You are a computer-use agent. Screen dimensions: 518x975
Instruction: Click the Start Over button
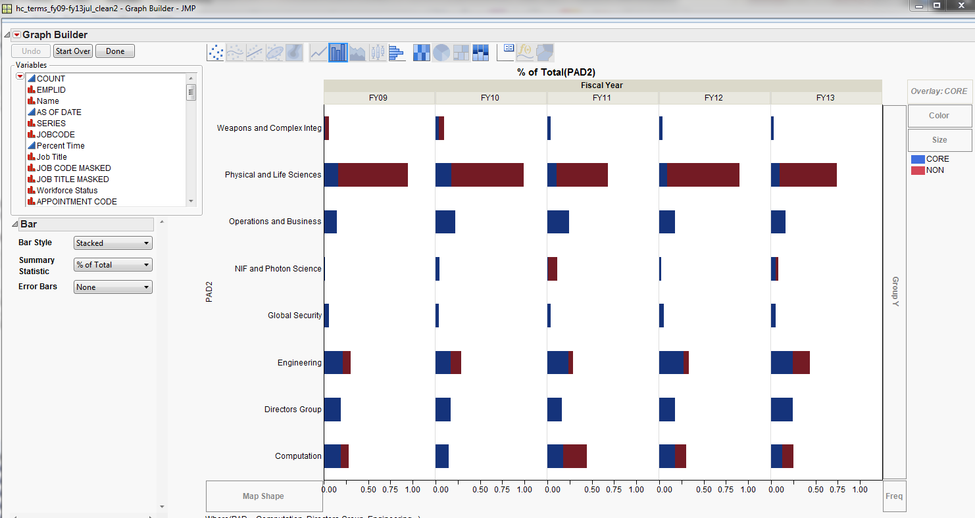(73, 51)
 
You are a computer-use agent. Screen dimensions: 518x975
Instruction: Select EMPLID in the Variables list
(51, 89)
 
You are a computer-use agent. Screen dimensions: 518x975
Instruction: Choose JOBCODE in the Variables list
(55, 134)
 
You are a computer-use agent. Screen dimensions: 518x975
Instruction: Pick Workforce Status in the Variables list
(66, 190)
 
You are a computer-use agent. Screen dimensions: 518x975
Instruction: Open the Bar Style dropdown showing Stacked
(113, 243)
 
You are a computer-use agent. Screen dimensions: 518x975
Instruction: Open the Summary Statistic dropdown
(113, 265)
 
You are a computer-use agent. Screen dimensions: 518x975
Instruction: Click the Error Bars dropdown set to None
(113, 287)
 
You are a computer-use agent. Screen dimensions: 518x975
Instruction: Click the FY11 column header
(602, 98)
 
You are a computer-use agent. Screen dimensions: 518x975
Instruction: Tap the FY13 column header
(825, 98)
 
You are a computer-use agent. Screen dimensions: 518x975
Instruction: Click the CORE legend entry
(937, 159)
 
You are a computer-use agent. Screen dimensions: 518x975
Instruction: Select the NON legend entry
(934, 170)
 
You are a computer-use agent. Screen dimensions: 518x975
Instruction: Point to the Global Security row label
(294, 316)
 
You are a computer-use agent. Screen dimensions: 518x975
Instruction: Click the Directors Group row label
(293, 410)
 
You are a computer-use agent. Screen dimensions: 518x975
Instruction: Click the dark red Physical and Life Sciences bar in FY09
(372, 175)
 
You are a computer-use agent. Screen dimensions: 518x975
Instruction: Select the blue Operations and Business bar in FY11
(558, 222)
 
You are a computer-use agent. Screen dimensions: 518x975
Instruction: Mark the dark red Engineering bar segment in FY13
(801, 362)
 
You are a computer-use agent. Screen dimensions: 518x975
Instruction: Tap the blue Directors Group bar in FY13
(782, 410)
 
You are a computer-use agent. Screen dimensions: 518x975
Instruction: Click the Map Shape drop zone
(263, 496)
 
